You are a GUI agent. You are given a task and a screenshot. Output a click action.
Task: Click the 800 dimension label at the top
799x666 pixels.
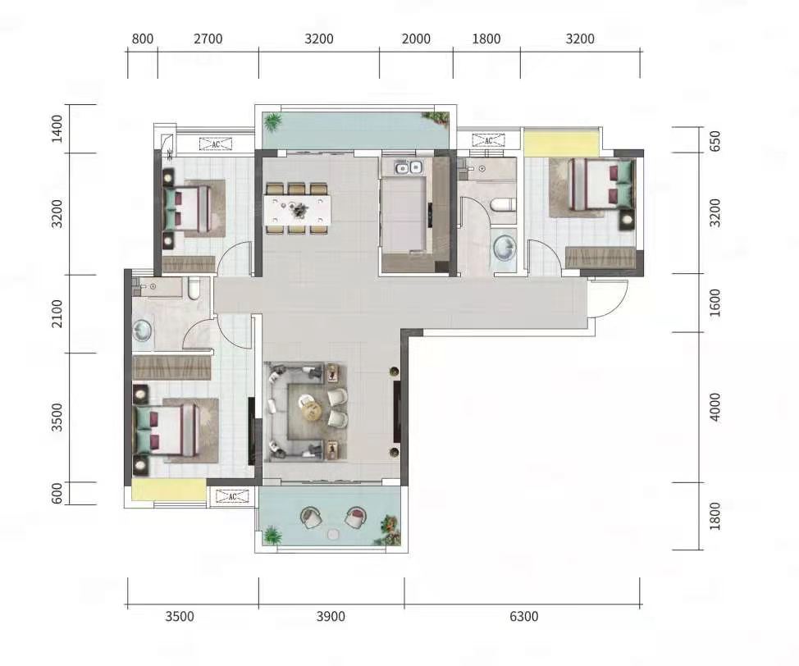tap(142, 39)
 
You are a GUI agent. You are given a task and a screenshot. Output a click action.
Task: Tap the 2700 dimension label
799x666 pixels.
tap(208, 39)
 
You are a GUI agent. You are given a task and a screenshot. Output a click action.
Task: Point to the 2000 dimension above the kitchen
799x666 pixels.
tap(416, 39)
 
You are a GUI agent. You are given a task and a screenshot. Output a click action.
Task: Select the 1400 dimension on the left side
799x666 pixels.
tap(57, 129)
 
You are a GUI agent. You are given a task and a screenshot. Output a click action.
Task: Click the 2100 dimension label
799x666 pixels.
tap(57, 313)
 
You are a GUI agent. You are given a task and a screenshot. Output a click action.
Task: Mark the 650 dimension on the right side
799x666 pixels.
tap(715, 140)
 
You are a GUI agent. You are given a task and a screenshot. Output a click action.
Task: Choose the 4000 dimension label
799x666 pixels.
tap(715, 407)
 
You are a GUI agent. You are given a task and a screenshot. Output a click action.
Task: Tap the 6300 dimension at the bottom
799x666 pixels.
tap(524, 617)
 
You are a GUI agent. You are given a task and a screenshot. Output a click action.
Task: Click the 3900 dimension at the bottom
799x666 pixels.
tap(331, 617)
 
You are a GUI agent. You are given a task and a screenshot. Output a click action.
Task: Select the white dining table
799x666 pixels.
tap(298, 209)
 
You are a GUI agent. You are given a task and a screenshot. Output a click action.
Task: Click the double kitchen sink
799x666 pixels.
tap(409, 166)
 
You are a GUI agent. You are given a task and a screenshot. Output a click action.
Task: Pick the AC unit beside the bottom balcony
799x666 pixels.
tap(232, 496)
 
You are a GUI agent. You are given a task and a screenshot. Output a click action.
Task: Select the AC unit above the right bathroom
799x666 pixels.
tap(488, 140)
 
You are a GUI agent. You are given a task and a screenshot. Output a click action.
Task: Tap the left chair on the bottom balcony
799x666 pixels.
tap(312, 518)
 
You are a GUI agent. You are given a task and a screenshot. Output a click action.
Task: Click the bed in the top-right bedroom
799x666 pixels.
tap(602, 185)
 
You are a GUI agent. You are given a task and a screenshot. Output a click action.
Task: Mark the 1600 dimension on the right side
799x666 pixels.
tap(715, 303)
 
